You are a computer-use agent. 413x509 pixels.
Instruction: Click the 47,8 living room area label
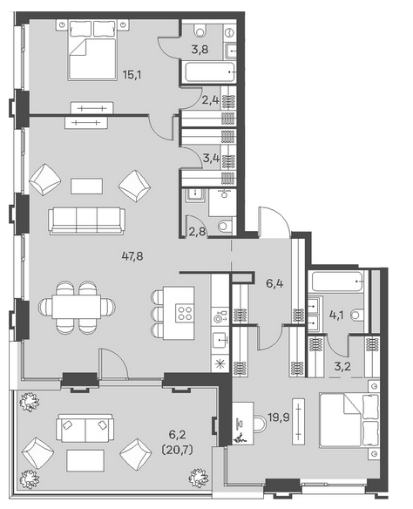[x=132, y=256]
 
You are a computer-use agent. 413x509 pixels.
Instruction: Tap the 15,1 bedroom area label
[x=132, y=75]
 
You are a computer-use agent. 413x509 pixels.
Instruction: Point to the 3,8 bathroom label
[x=200, y=50]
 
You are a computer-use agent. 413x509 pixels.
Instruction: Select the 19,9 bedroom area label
[x=279, y=417]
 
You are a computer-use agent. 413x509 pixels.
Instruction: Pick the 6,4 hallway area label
[x=274, y=283]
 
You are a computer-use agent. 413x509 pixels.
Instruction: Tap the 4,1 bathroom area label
[x=336, y=315]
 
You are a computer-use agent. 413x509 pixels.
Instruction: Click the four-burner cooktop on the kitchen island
[x=185, y=313]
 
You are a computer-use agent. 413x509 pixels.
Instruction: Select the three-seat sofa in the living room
[x=86, y=221]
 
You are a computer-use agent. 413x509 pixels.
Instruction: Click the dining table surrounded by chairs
[x=77, y=307]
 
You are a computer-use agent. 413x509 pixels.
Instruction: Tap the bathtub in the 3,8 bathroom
[x=210, y=72]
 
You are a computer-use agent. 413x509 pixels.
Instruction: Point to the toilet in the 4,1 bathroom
[x=358, y=315]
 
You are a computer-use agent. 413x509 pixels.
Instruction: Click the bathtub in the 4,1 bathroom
[x=337, y=282]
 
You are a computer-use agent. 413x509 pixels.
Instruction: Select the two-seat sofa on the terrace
[x=85, y=428]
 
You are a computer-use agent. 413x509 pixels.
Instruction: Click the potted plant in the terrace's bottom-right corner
[x=199, y=478]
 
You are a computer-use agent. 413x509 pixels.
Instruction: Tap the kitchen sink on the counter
[x=220, y=341]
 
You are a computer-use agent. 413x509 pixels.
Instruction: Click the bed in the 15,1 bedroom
[x=92, y=50]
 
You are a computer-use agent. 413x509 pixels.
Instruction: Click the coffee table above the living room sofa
[x=87, y=186]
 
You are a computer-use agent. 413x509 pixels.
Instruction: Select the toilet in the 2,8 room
[x=225, y=226]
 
